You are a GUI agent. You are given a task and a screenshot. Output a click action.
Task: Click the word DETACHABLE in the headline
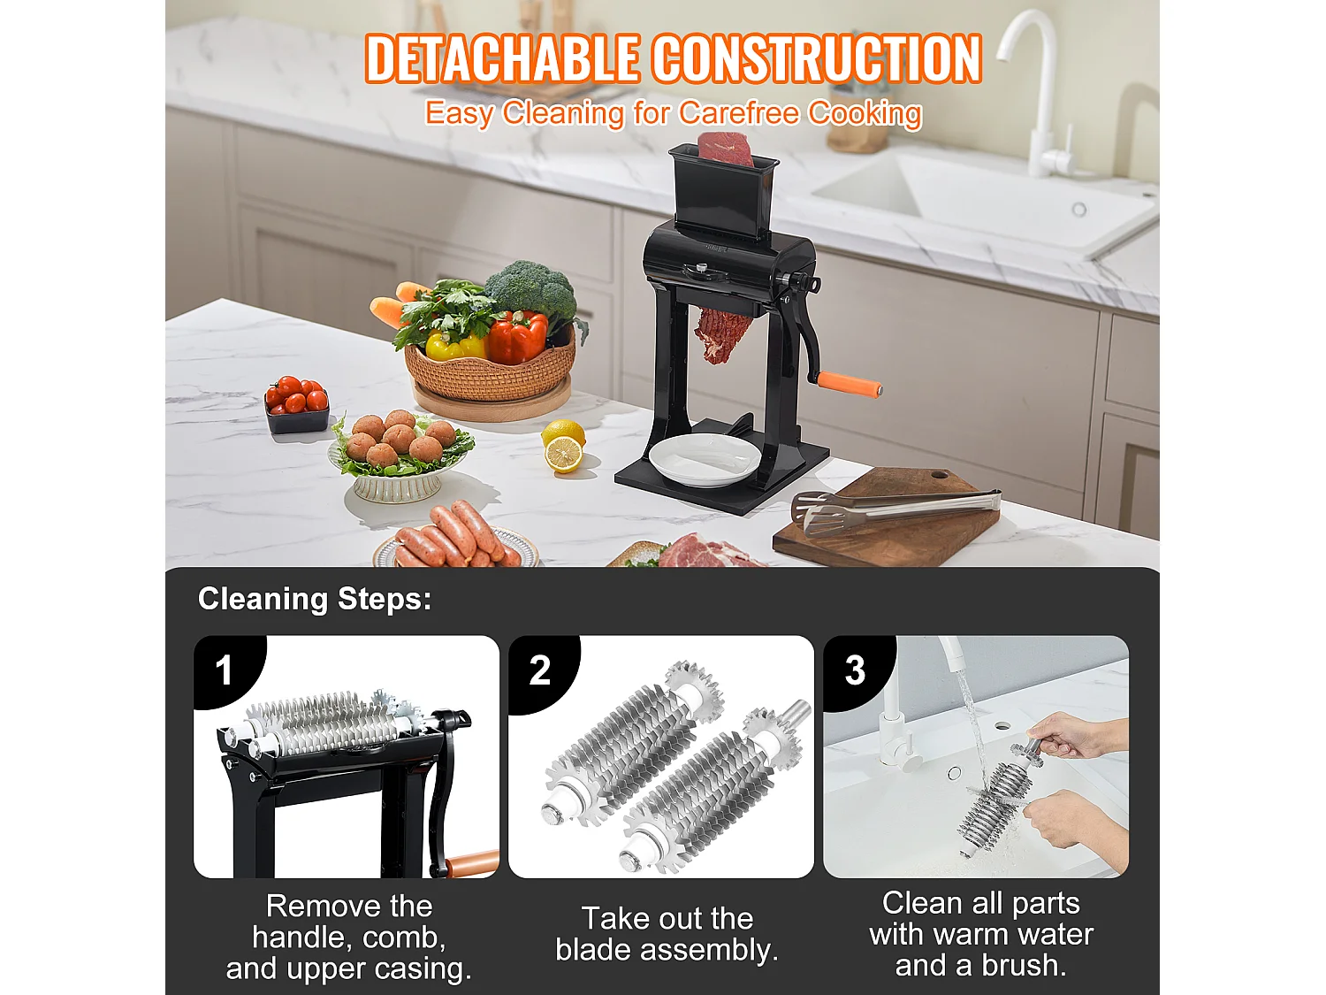502,59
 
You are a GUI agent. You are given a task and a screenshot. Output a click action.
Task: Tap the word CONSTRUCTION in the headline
818,59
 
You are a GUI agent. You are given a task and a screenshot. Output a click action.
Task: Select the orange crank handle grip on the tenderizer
849,385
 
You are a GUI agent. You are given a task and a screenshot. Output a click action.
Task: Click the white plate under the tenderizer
704,460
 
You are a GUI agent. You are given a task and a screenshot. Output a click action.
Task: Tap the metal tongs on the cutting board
893,509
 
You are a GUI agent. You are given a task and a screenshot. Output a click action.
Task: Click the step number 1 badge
225,670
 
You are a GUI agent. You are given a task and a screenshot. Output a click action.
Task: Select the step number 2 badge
540,670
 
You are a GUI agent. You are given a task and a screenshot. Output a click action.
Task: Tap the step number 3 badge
855,670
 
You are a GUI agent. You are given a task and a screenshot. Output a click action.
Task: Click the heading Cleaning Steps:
315,599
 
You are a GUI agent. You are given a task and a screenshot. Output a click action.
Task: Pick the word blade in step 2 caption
593,950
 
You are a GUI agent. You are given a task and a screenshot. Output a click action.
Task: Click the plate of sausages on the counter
455,540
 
